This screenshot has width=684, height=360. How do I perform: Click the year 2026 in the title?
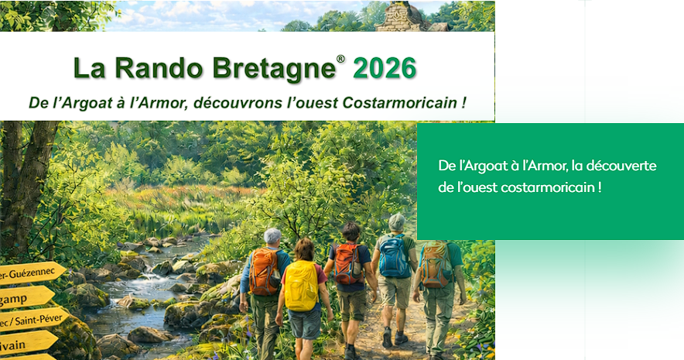(x=385, y=68)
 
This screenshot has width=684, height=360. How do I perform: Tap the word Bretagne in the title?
(x=275, y=68)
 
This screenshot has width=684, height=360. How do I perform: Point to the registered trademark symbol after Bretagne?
(x=340, y=59)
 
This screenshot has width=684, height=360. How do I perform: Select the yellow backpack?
(x=301, y=285)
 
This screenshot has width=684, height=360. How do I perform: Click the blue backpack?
(x=395, y=255)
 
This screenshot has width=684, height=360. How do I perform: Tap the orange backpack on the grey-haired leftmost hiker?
(x=265, y=270)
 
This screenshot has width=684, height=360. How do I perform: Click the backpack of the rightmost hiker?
(x=436, y=263)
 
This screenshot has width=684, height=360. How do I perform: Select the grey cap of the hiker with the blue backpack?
(x=396, y=220)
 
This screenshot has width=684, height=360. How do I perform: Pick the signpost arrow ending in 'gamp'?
(x=23, y=297)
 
